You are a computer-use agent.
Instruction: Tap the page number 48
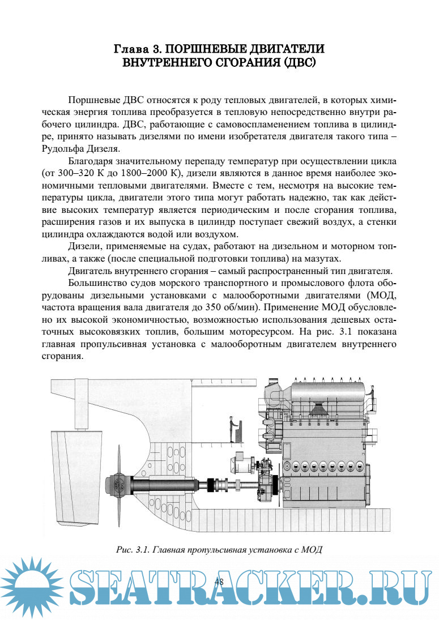(220, 583)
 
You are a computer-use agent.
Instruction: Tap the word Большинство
(98, 283)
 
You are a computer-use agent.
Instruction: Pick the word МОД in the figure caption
(312, 549)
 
